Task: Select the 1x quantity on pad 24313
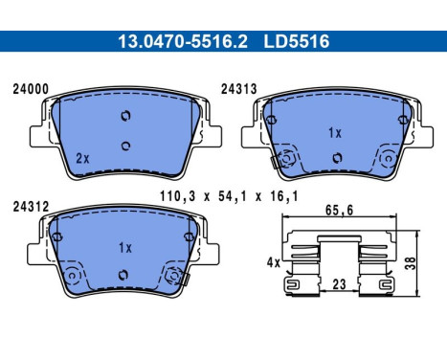[334, 132]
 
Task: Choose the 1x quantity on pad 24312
[123, 247]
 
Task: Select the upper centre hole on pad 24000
[123, 116]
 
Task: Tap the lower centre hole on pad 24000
[123, 146]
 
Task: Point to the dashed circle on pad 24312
[173, 278]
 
